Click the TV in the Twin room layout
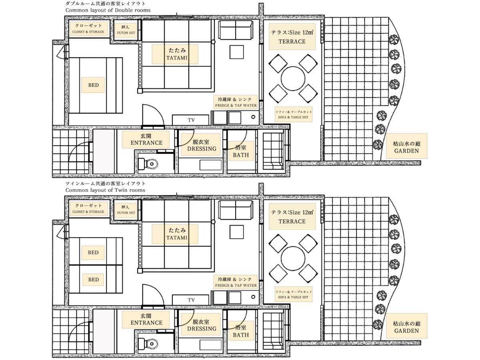(190, 300)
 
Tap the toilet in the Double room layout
(148, 164)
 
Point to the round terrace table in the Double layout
(293, 78)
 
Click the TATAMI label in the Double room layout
(177, 58)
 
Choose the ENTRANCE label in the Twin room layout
(146, 323)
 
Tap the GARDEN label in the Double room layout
(406, 151)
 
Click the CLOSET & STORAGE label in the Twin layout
(88, 212)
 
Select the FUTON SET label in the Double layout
(126, 33)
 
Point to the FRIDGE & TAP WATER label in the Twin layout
(236, 285)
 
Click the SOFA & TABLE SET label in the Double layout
(293, 117)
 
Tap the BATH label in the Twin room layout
(241, 335)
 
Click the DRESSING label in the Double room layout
(202, 149)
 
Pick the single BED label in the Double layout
(93, 85)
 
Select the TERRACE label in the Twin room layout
(292, 222)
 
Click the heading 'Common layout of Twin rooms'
(105, 190)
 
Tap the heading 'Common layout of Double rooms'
(108, 10)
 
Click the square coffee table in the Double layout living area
(237, 52)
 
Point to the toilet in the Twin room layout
(148, 343)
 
